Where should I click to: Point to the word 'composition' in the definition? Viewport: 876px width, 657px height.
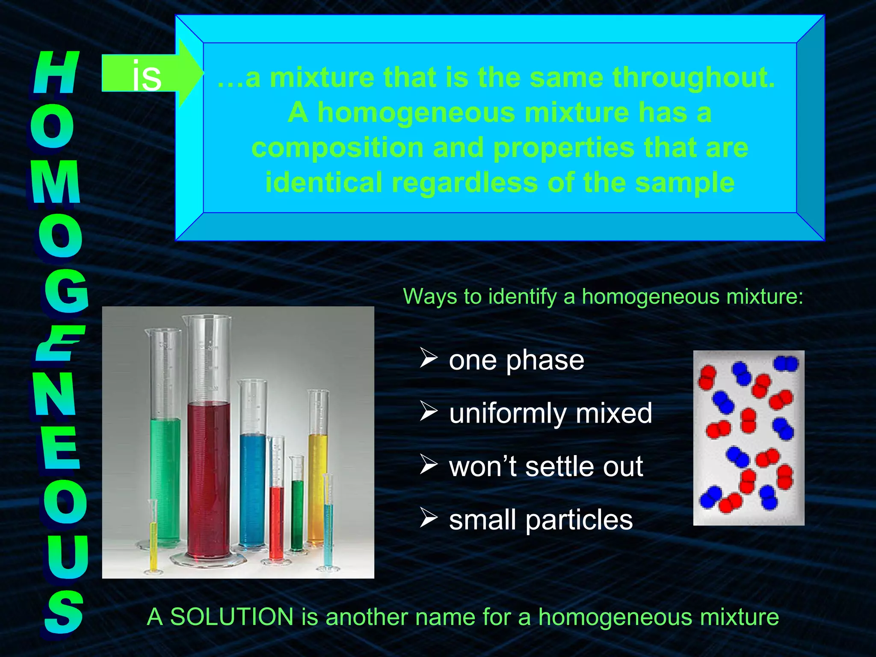click(337, 148)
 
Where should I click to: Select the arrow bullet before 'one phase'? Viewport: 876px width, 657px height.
click(428, 358)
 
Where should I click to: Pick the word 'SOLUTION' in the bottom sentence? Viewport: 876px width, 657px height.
click(231, 617)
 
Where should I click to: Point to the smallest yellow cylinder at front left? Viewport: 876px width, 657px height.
click(153, 543)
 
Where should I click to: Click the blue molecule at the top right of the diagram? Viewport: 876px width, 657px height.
click(786, 364)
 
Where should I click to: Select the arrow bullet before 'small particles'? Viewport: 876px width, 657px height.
click(428, 518)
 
